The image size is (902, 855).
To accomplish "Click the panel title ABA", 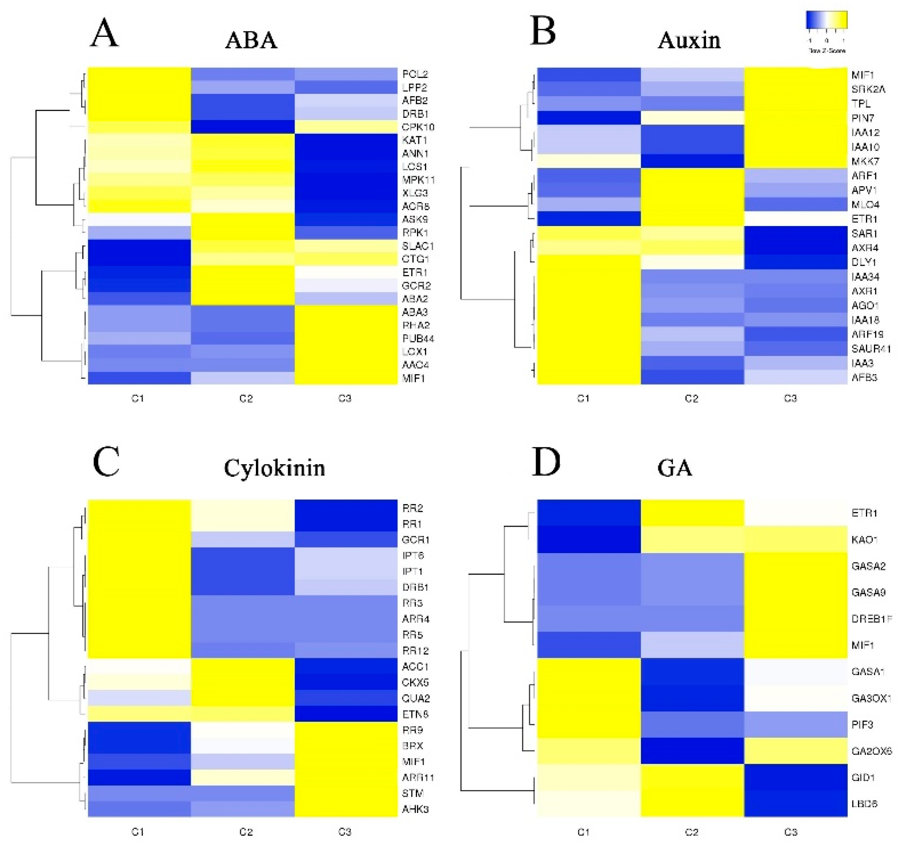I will pos(251,40).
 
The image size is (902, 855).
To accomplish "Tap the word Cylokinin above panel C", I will pos(274,468).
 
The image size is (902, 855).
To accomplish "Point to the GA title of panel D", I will pos(675,468).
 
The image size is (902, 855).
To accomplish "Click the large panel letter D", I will pos(546,462).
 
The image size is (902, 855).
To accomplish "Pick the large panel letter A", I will pos(104,33).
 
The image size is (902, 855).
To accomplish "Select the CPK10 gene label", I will pos(418,127).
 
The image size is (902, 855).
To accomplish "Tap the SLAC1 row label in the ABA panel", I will pos(418,246).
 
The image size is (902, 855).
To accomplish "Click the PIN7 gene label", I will pos(862,119).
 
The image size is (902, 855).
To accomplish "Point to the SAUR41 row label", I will pos(871,348).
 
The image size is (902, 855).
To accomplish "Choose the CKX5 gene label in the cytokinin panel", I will pos(415,682).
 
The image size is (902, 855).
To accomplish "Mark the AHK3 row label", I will pos(415,809).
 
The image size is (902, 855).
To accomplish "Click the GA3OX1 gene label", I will pos(871,698).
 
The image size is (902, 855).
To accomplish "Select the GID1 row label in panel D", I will pos(863,777).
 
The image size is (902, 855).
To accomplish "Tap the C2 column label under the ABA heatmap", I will pos(246,399).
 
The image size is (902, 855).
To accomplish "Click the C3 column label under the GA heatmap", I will pos(790,832).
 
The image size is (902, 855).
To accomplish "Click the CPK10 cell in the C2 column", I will pos(242,127).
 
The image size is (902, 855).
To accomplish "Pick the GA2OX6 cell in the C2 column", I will pos(692,751).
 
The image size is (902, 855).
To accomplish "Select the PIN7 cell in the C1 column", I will pos(589,118).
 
